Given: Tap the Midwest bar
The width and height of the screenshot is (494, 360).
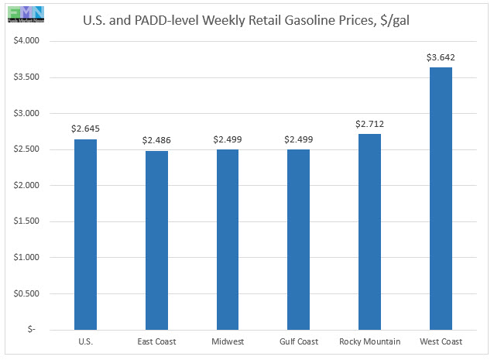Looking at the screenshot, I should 228,239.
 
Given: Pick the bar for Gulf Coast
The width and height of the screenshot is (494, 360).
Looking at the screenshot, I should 299,239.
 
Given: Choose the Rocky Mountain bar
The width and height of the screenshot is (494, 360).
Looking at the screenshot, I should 369,231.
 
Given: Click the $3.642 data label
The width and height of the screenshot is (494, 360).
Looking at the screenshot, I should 441,57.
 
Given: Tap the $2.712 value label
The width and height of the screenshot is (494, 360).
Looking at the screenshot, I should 369,124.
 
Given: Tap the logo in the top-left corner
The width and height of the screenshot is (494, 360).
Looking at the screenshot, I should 23,13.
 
